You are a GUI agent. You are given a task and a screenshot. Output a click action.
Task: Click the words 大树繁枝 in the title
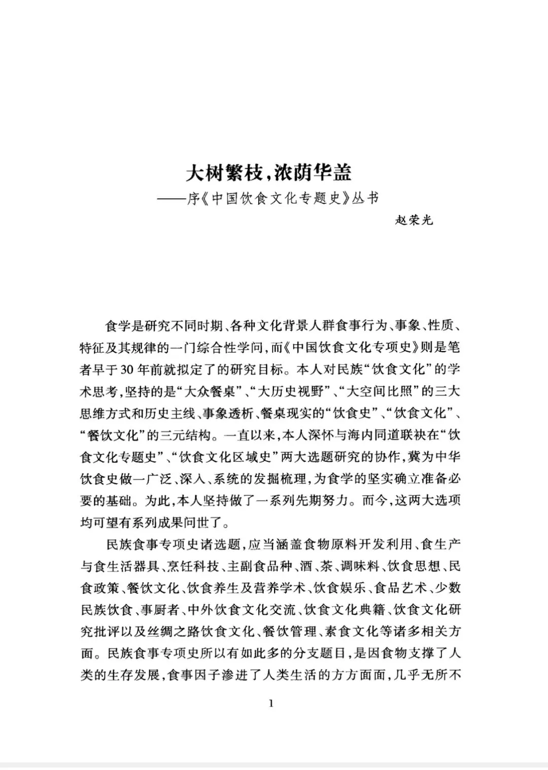[223, 173]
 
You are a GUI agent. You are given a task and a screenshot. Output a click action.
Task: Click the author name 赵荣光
[414, 221]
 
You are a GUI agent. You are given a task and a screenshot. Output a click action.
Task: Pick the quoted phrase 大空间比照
[396, 392]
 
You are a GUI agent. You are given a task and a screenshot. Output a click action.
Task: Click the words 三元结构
[188, 435]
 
